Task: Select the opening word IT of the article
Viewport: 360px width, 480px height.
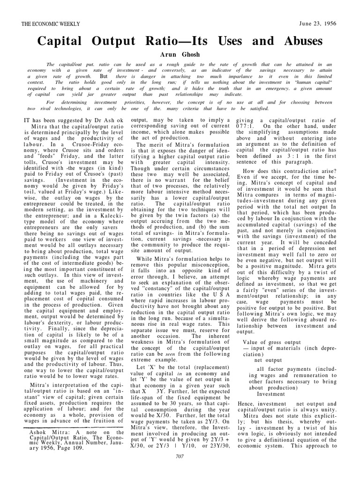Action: pos(27,120)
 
